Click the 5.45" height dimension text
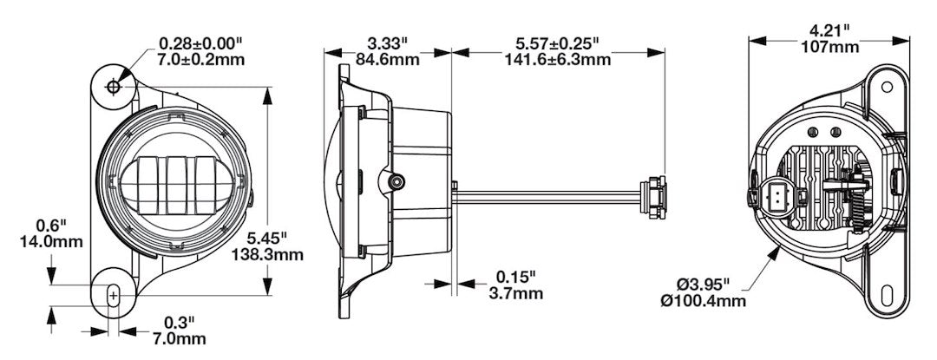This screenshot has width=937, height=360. pyautogui.click(x=266, y=237)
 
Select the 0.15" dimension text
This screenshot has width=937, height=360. pyautogui.click(x=515, y=277)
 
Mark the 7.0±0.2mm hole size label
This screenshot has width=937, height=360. pyautogui.click(x=201, y=59)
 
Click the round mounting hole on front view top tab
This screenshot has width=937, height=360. pyautogui.click(x=115, y=87)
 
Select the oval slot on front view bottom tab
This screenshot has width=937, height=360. pyautogui.click(x=113, y=296)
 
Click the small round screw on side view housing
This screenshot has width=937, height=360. pyautogui.click(x=398, y=181)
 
